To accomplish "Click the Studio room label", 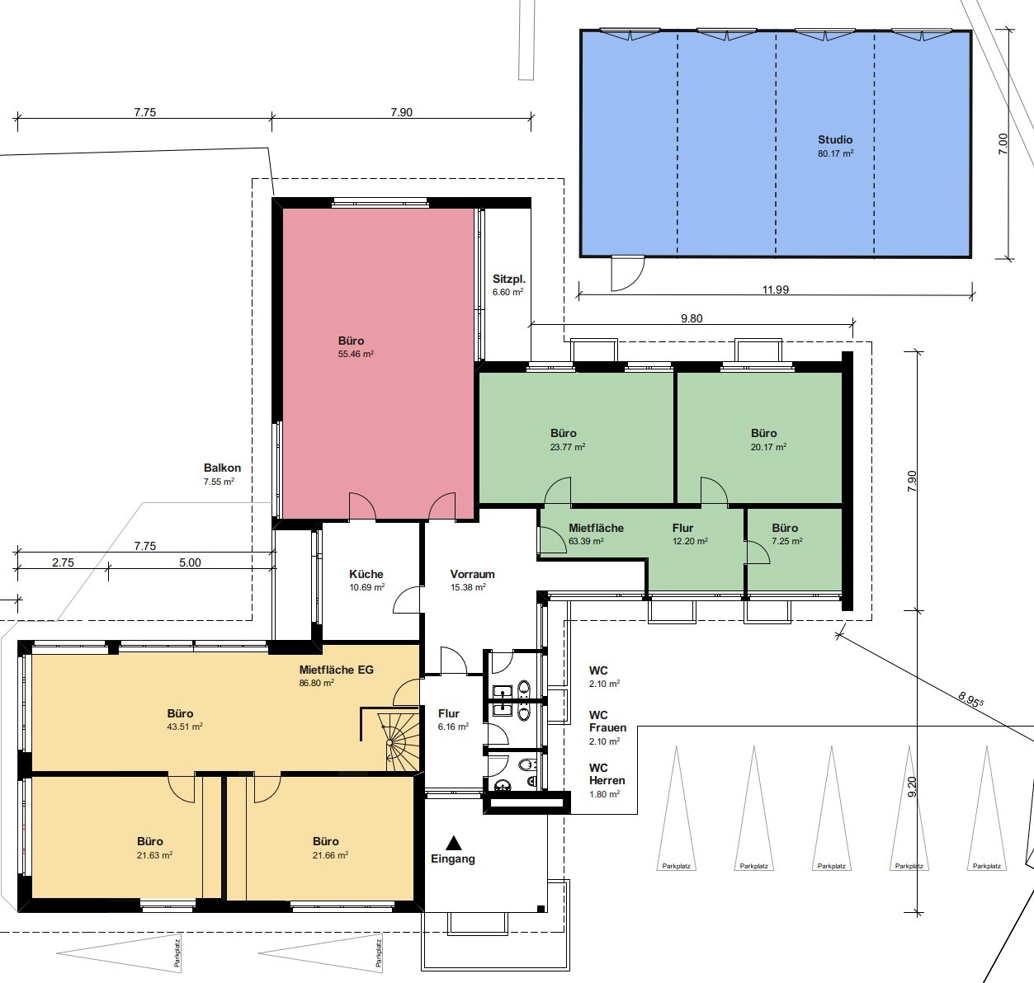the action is [x=834, y=140].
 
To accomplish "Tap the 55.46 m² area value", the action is [x=356, y=355].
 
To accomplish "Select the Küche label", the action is [x=366, y=574].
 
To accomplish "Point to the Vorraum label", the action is [x=472, y=574].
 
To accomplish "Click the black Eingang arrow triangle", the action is [x=453, y=843].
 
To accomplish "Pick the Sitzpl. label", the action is [x=508, y=279].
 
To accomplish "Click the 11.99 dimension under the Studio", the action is [x=775, y=289].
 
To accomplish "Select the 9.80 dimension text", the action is [x=691, y=318].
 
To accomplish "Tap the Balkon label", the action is [x=222, y=468].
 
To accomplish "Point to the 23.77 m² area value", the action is [x=568, y=447].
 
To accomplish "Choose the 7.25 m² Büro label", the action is [x=785, y=528].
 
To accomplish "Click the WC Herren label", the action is [x=607, y=774].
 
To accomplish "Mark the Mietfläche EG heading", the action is [x=336, y=670].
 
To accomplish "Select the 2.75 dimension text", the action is [x=63, y=562].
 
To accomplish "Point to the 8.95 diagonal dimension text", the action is [x=971, y=700].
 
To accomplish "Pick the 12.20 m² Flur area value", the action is [x=690, y=542].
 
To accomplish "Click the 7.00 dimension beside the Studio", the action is [x=1003, y=143].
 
